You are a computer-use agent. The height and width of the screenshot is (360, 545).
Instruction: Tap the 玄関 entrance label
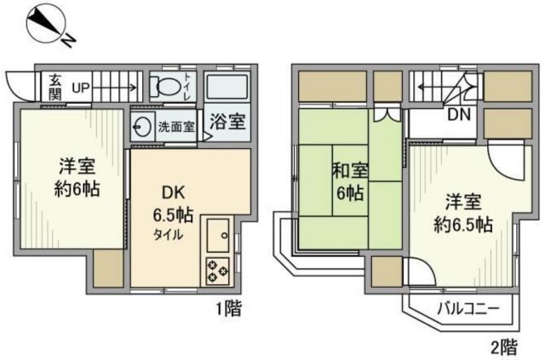coord(54,86)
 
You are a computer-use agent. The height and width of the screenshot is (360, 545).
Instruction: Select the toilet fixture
coord(166,85)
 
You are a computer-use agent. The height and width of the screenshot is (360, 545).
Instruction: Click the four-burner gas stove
coord(216,271)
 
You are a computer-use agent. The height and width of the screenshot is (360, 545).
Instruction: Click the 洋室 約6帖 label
coord(78,177)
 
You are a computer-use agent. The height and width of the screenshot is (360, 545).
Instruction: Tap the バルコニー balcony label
coord(463,308)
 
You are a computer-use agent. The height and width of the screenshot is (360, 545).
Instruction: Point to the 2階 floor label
coord(502,346)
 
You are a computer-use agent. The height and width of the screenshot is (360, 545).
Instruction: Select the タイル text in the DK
coord(168,235)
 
